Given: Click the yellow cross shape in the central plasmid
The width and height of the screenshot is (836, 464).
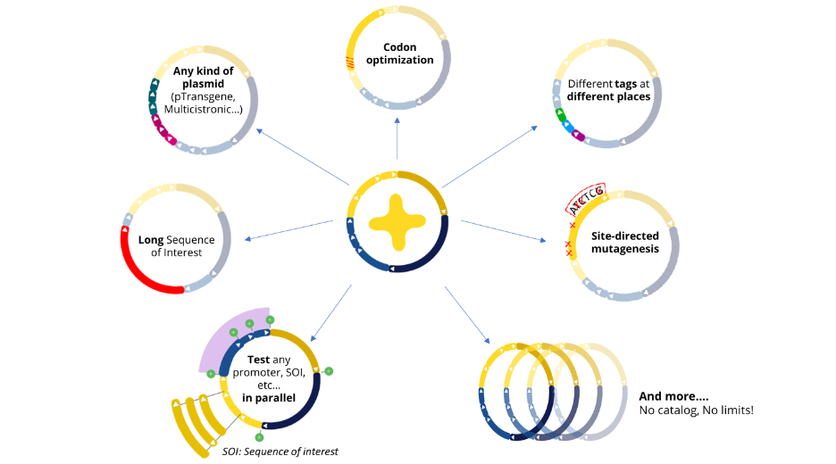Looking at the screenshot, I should pyautogui.click(x=397, y=222).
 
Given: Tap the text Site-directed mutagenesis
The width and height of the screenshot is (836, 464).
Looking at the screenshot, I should pyautogui.click(x=625, y=243).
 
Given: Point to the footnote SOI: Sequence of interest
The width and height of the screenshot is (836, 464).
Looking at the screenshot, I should pyautogui.click(x=280, y=452).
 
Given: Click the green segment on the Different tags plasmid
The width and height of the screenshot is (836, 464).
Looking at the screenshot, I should pyautogui.click(x=560, y=115).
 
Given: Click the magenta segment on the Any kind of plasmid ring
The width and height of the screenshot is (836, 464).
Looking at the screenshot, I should pyautogui.click(x=166, y=136).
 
